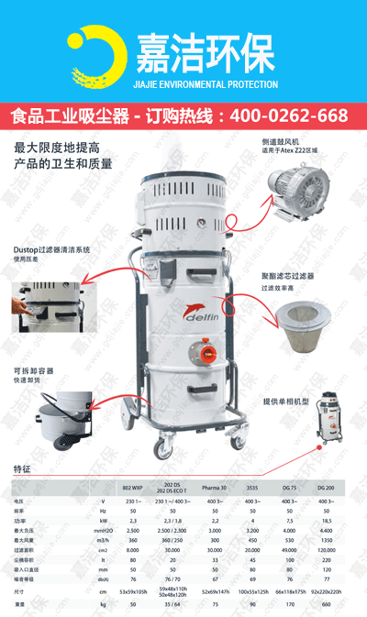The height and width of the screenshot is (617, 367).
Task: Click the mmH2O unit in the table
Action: [104, 531]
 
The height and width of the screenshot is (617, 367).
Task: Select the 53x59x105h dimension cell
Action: [133, 593]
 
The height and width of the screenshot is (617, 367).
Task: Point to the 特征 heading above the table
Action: [22, 468]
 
